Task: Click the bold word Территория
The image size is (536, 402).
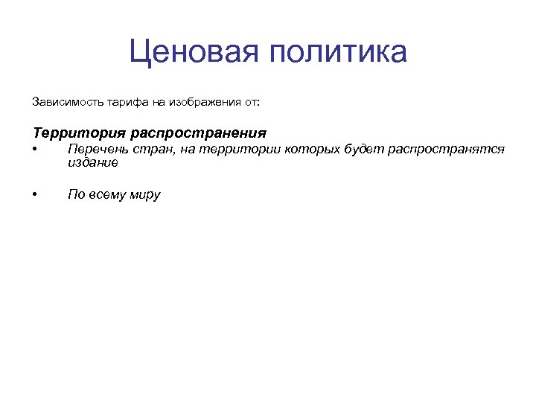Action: point(79,133)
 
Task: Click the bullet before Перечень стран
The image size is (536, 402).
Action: point(35,150)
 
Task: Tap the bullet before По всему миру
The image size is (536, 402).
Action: point(35,195)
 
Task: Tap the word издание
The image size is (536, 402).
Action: point(92,162)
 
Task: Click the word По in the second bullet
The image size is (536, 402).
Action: point(75,195)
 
